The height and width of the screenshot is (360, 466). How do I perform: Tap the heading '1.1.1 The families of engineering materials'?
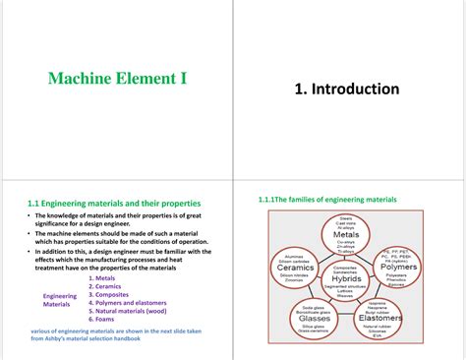coord(327,199)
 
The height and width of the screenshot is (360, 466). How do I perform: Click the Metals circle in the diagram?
coord(345,235)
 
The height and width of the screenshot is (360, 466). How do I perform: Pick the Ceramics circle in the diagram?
coord(294,267)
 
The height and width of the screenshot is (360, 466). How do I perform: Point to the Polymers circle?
coord(398,267)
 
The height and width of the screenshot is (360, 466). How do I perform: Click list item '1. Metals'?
coord(106,278)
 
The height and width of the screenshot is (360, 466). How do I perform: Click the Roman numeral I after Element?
coord(183,77)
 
